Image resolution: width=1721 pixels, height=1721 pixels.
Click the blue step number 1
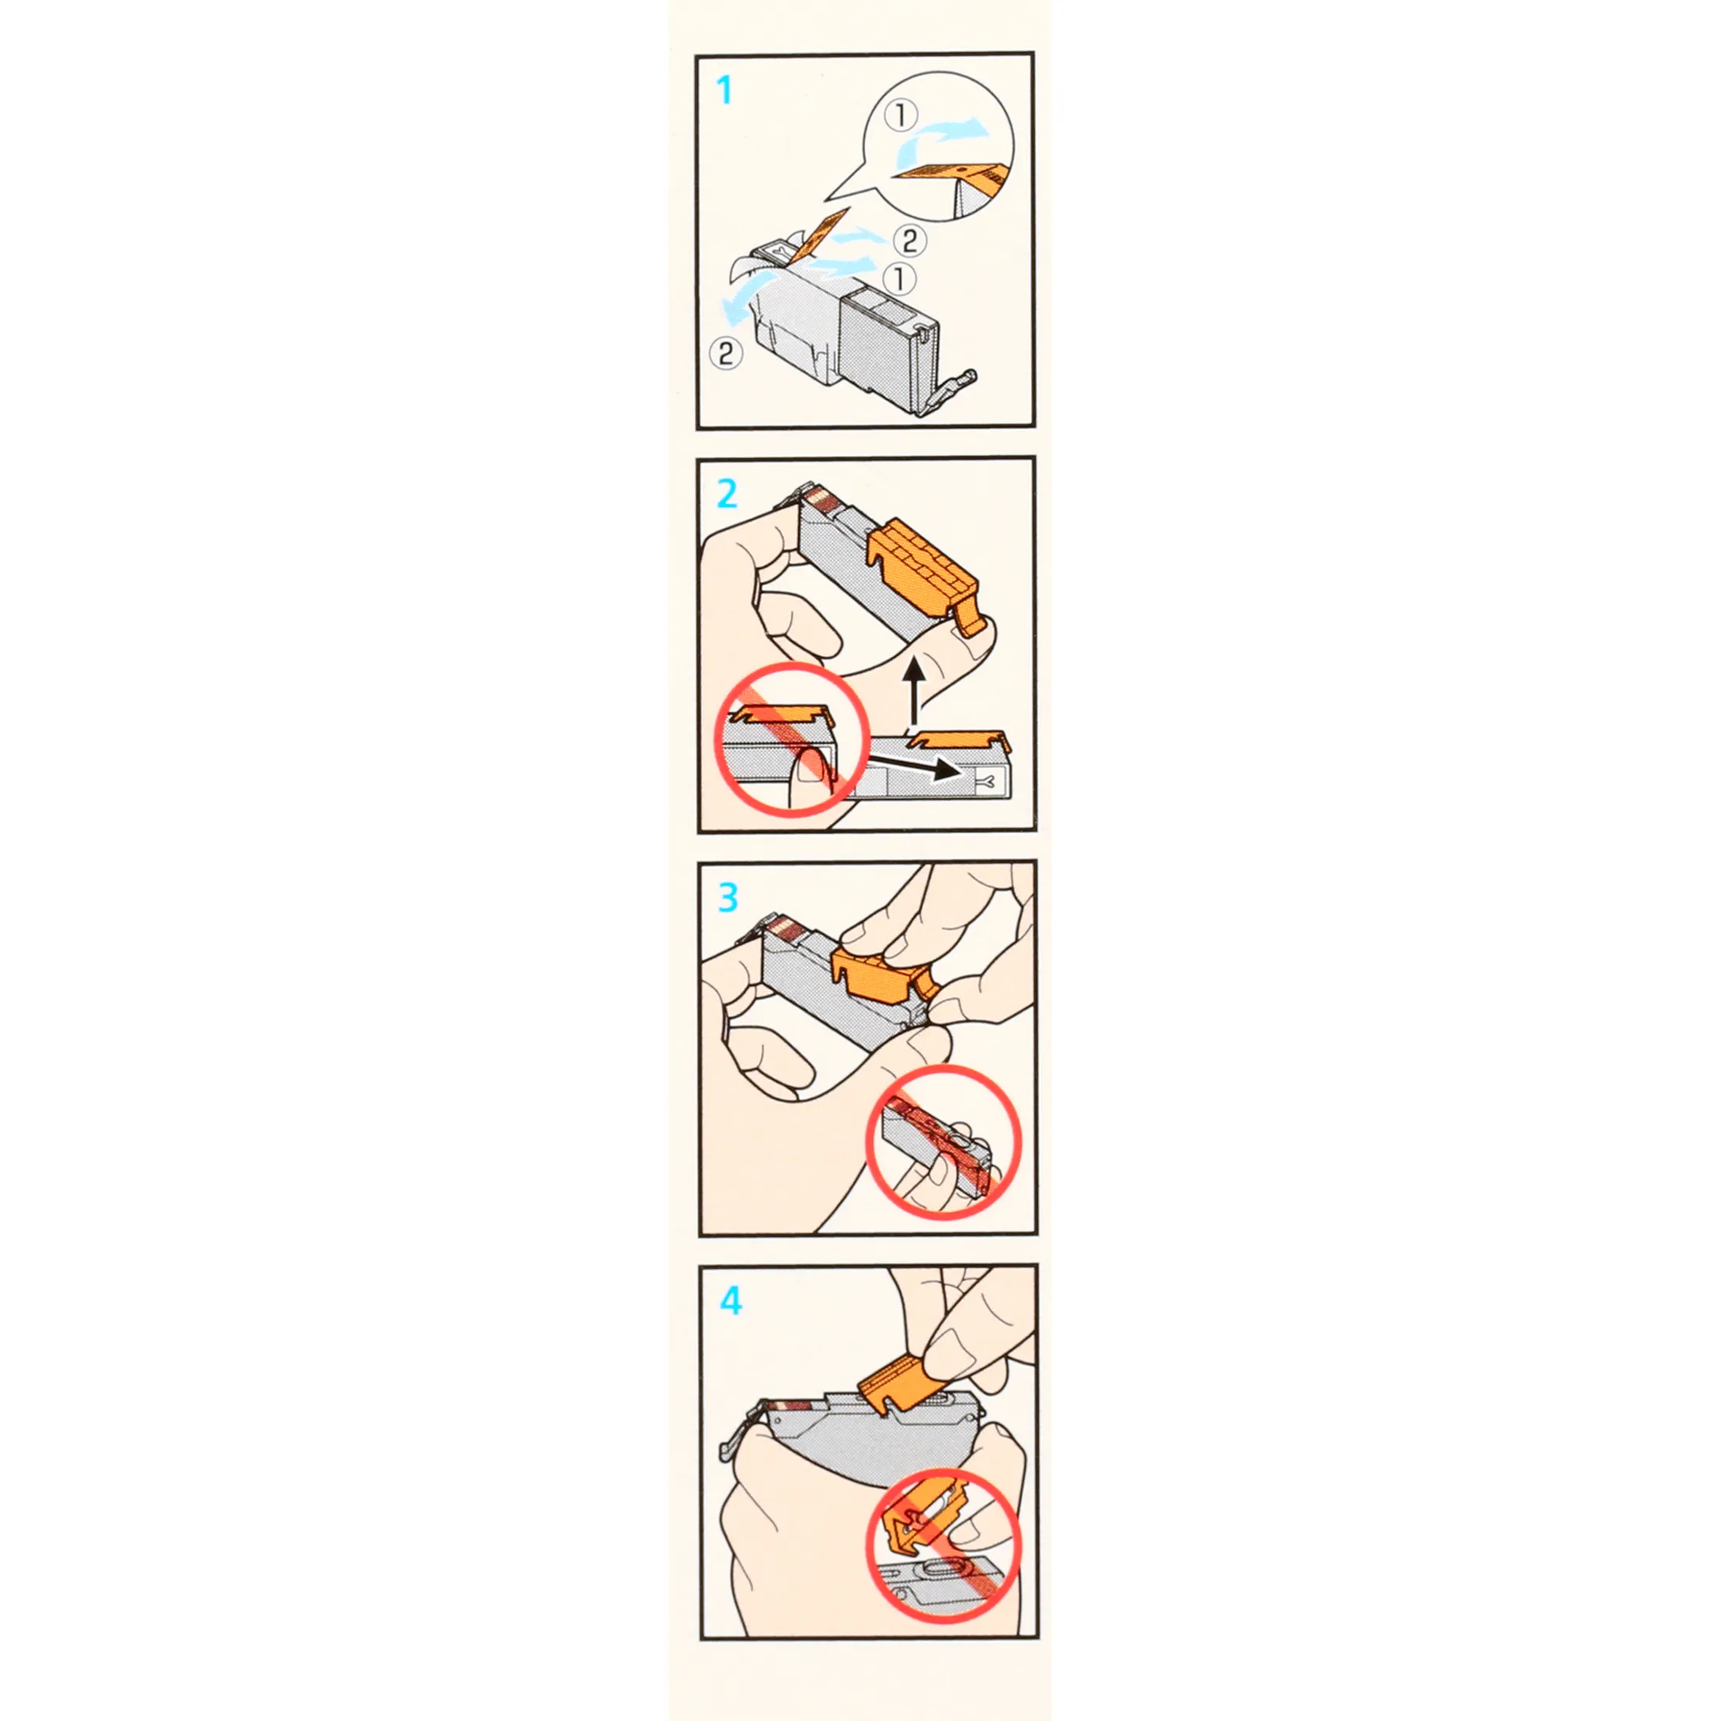coord(725,90)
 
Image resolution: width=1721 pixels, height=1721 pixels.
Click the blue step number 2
coord(727,494)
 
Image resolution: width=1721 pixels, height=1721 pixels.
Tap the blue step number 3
coord(728,898)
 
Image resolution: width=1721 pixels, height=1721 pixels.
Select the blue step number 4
coord(731,1302)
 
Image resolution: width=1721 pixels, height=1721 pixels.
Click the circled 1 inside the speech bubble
coord(900,116)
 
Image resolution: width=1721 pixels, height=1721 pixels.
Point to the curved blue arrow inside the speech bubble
coord(940,138)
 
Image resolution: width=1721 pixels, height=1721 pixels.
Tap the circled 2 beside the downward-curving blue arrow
coord(725,354)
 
